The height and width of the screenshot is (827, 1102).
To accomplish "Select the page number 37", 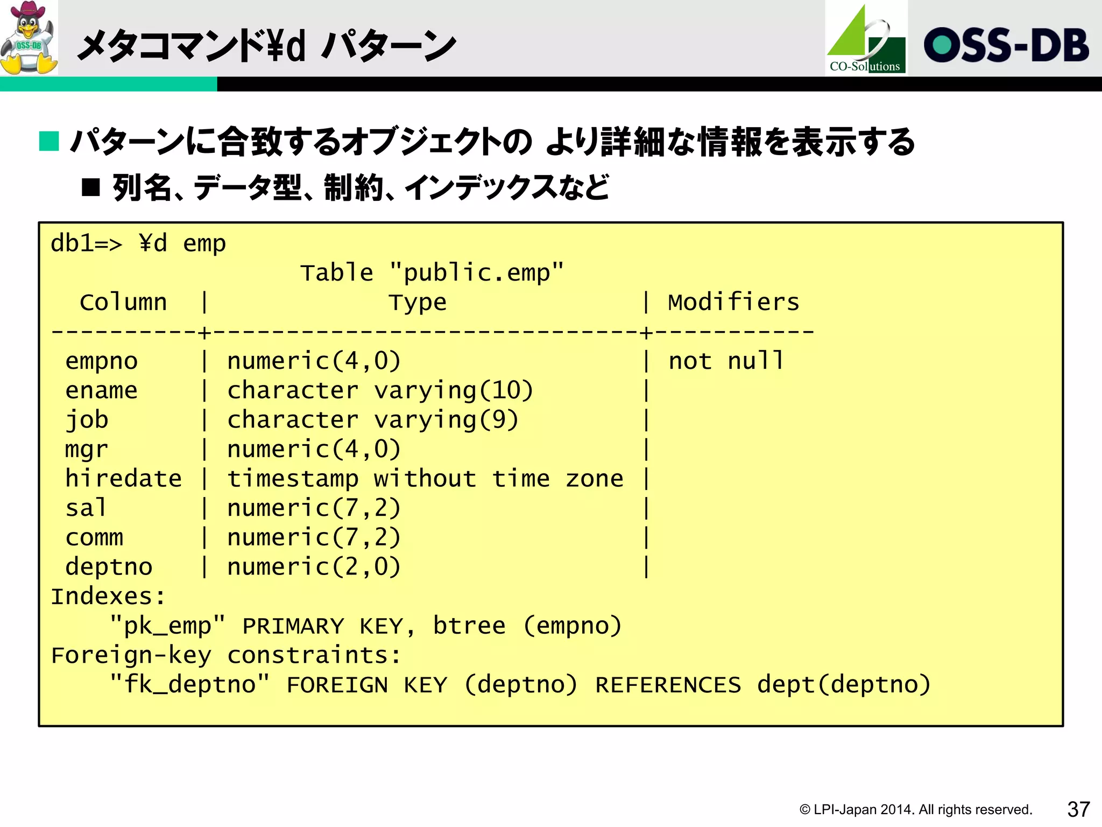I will point(1078,809).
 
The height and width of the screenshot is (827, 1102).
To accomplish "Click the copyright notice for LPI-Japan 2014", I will point(915,809).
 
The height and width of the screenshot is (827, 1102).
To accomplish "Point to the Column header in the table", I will point(123,303).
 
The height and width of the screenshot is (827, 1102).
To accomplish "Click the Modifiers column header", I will point(733,303).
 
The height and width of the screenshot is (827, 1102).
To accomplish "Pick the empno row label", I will point(102,361).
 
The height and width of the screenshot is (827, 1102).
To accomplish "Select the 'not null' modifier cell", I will point(726,361).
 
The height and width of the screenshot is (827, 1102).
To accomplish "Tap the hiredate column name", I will point(123,479).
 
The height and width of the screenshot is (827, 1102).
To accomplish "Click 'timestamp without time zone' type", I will point(425,479).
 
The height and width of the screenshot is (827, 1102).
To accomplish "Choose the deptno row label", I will point(109,567).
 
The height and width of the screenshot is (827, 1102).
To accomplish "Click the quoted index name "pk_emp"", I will point(167,626).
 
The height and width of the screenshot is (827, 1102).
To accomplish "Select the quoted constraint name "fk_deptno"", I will point(189,685).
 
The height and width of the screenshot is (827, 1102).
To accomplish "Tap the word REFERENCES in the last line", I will point(668,685).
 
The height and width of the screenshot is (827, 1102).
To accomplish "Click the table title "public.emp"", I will point(476,273).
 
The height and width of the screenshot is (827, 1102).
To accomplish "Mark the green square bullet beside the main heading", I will point(49,142).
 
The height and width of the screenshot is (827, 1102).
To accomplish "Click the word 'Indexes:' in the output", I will point(108,597).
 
